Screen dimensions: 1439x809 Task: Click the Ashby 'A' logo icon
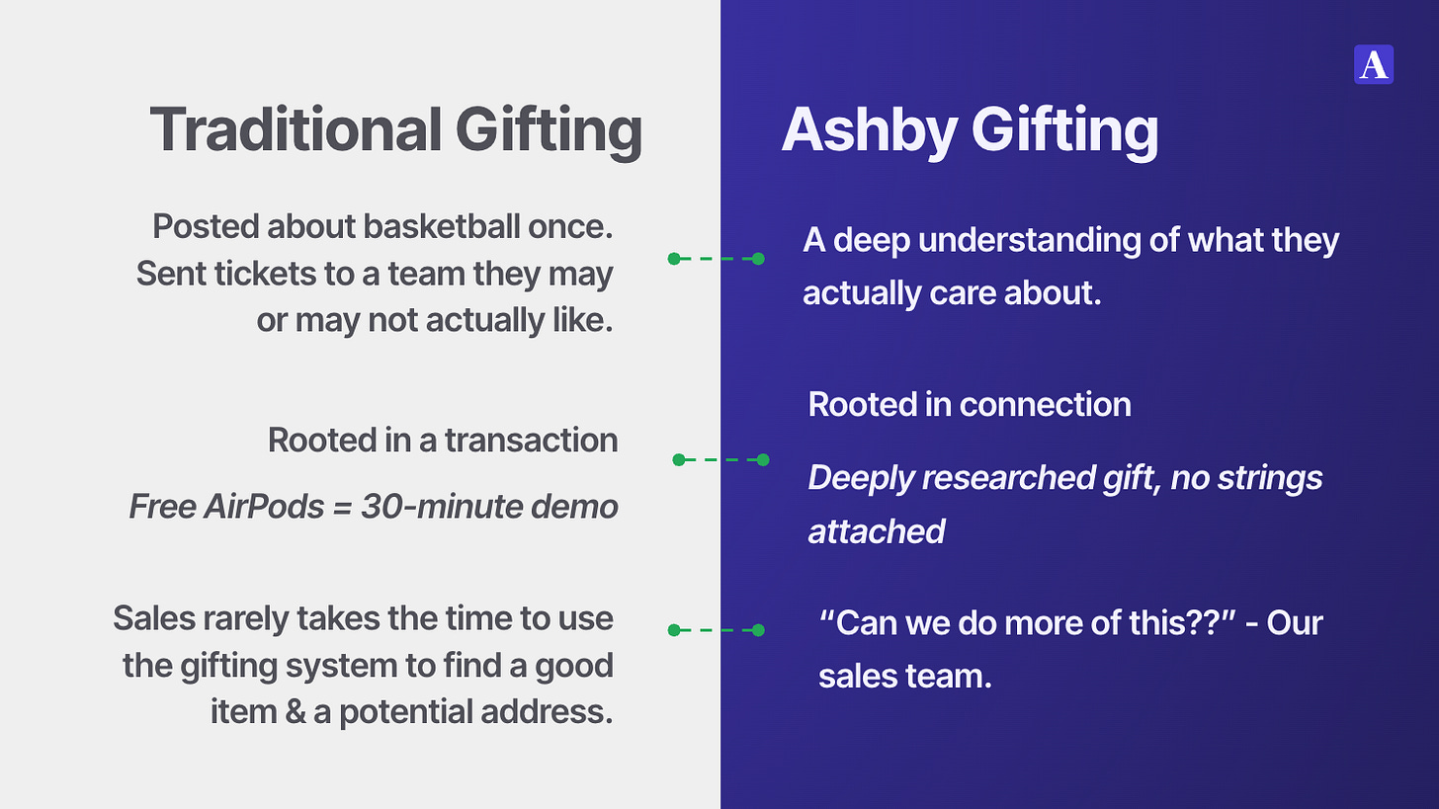click(1374, 64)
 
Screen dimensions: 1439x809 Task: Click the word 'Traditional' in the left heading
click(296, 129)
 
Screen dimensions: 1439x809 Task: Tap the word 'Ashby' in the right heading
click(869, 130)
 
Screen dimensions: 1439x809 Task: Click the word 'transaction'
click(532, 441)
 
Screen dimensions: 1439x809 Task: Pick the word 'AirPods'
click(264, 507)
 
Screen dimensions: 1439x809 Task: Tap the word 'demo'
click(574, 507)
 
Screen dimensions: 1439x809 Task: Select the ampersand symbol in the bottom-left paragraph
click(295, 712)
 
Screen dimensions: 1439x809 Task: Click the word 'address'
click(547, 712)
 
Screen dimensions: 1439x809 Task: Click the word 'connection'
click(1046, 405)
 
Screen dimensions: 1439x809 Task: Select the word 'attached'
click(877, 531)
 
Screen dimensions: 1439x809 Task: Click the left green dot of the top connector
click(674, 259)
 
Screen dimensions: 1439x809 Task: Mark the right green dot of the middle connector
click(763, 459)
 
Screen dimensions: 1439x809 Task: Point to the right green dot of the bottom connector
click(758, 630)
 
